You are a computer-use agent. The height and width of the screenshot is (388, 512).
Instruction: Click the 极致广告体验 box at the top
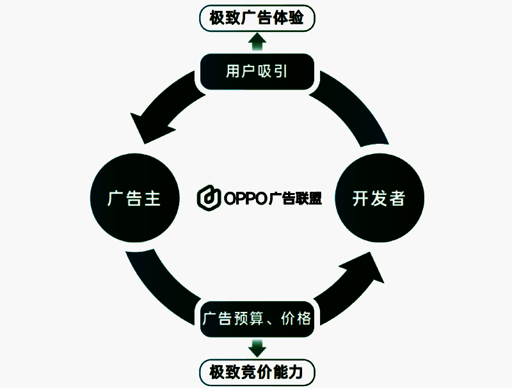point(258,17)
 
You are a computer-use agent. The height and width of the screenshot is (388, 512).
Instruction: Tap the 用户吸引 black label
point(257,71)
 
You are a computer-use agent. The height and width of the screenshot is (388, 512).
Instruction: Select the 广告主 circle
point(134,199)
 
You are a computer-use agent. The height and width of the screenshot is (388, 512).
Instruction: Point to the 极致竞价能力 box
point(257,370)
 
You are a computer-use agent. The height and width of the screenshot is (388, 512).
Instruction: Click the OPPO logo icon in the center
point(209,198)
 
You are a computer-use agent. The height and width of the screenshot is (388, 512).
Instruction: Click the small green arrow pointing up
point(257,42)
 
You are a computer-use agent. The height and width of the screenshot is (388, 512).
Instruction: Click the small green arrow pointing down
point(257,348)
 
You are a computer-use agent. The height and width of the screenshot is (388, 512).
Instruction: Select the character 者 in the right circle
point(397,199)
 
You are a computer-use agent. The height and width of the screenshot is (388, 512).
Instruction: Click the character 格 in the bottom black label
point(304,318)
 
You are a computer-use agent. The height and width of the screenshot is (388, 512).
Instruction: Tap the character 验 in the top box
point(304,17)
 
